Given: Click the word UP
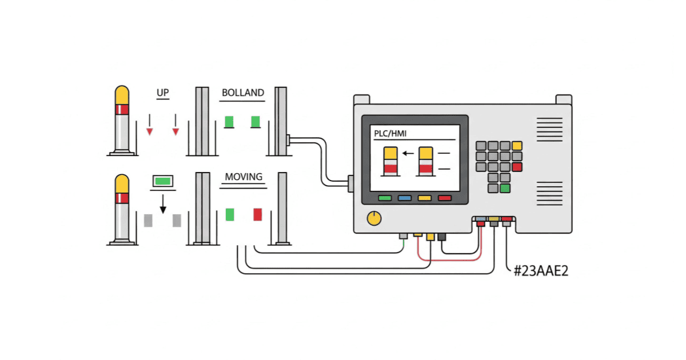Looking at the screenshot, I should (162, 93).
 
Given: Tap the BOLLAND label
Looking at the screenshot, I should (243, 93).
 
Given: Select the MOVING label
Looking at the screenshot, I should (244, 177).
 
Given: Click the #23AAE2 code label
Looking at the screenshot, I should (541, 270).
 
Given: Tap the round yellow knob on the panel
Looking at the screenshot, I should (374, 218).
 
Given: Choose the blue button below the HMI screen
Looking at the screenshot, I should (404, 198).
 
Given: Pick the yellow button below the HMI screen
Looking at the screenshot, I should (424, 198).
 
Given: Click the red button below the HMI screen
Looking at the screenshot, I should (444, 198).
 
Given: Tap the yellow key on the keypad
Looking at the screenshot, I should (517, 146).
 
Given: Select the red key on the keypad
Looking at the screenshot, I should (517, 167).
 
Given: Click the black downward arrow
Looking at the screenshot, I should (163, 204).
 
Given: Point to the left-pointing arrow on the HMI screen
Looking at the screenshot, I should (408, 153).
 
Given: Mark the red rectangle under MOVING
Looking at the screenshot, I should (258, 214).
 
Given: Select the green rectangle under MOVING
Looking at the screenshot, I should (230, 214).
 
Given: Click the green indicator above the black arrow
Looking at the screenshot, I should (163, 181).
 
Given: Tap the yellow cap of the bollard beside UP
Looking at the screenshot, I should (122, 95).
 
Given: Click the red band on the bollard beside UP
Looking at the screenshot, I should (122, 109).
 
